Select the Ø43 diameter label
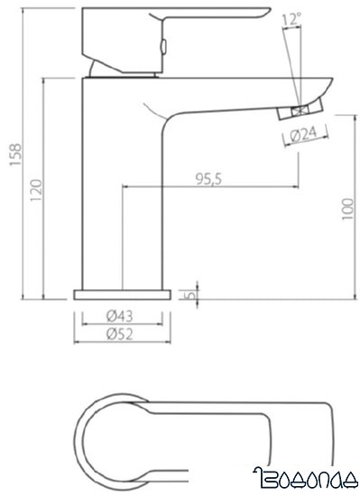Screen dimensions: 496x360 point(121,316)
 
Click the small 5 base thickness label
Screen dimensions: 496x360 point(188,294)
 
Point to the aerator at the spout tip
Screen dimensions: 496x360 point(298,110)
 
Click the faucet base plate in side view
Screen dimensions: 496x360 point(121,295)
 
